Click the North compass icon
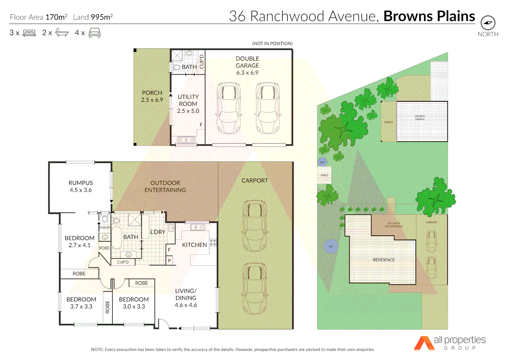coord(488,23)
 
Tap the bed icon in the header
coord(29,33)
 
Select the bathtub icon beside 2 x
coord(62,33)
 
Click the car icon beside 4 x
coord(95,33)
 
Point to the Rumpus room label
coord(81,183)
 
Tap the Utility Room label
coord(188,100)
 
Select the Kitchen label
coord(195,245)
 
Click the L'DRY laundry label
coord(158,232)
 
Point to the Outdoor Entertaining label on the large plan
coord(165,186)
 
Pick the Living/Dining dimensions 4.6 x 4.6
coord(186,305)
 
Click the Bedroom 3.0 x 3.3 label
coord(134,303)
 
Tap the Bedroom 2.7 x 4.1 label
coord(80,242)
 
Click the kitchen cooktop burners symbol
coord(213,243)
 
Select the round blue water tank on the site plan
coord(331,247)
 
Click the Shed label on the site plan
coord(324,175)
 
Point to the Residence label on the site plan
coord(383,260)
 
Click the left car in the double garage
coord(229,108)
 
